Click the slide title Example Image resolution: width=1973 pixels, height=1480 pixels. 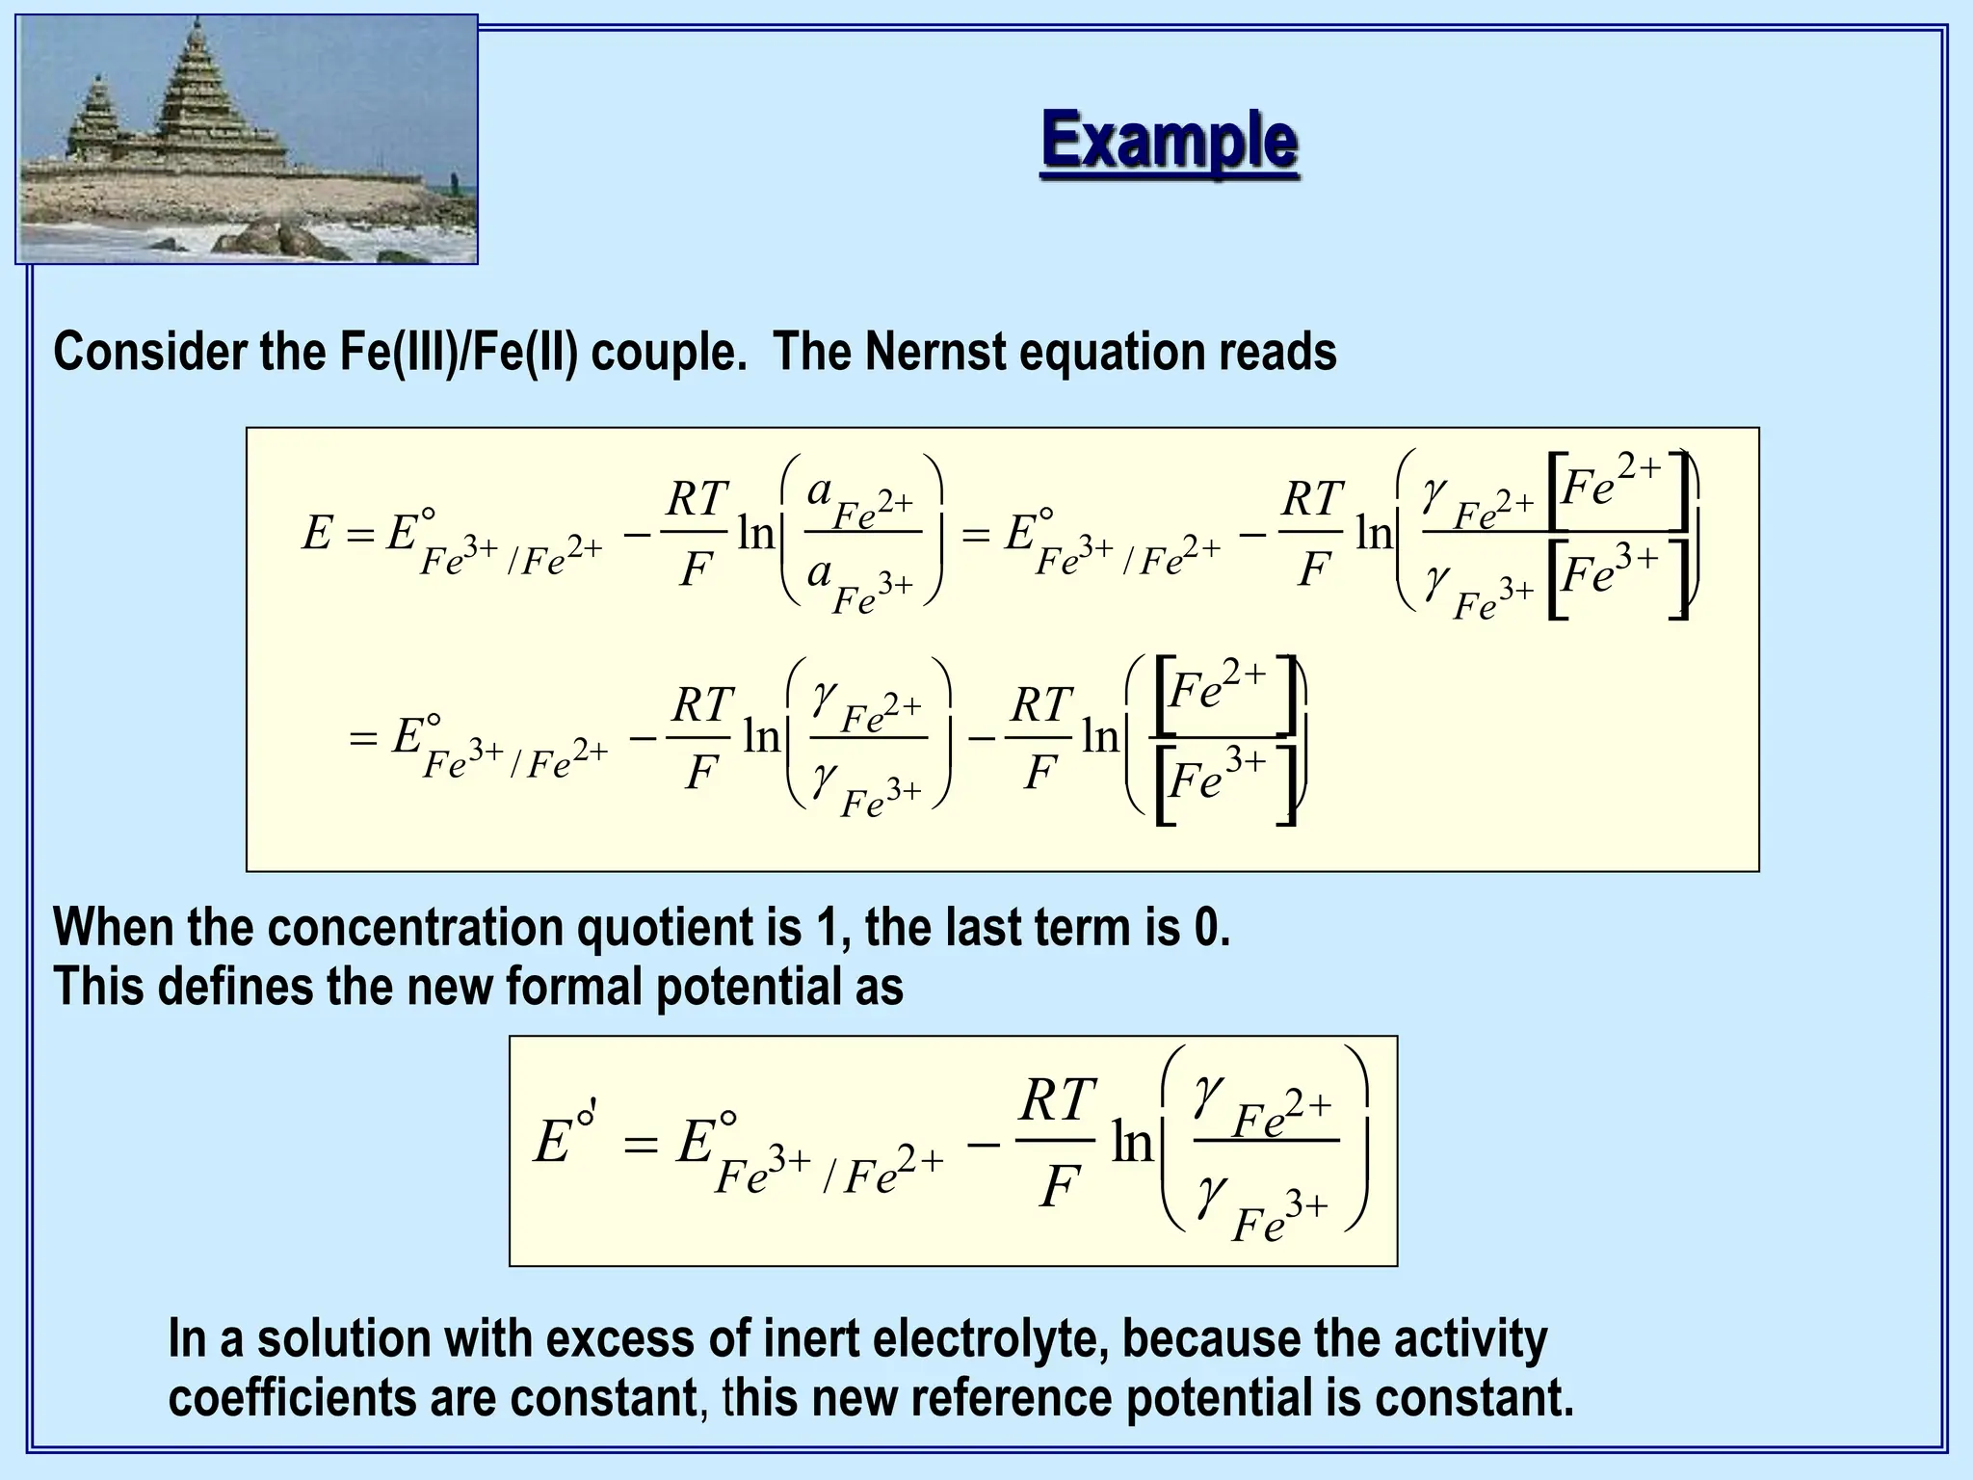coord(1169,142)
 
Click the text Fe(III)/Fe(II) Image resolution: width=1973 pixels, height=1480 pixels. coord(458,352)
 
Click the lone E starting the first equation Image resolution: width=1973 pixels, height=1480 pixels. coord(317,533)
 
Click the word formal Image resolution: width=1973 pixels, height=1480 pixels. coord(572,987)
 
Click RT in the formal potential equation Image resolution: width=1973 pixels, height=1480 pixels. coord(1057,1100)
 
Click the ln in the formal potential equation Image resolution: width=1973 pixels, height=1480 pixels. coord(1132,1143)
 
